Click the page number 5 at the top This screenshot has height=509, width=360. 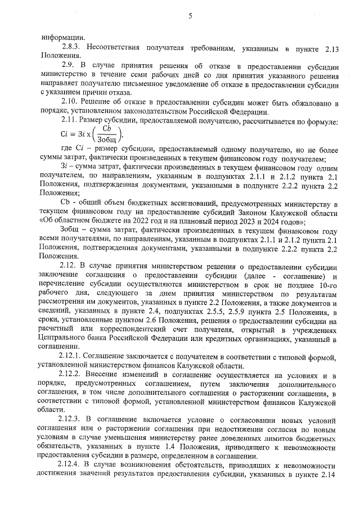tap(190, 16)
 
